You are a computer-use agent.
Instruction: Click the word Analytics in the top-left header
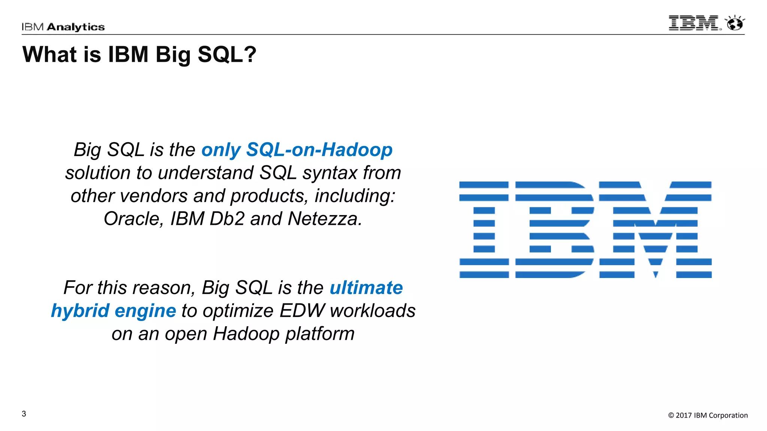(x=76, y=27)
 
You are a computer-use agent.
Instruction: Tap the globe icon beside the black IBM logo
(x=735, y=24)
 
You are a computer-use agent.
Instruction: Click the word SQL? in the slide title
(x=227, y=55)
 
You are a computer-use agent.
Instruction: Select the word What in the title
(x=49, y=55)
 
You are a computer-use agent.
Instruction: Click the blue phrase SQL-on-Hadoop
(x=319, y=150)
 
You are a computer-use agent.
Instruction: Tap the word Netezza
(x=325, y=219)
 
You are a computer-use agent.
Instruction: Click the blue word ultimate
(x=366, y=288)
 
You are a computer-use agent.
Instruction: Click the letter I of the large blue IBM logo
(x=484, y=230)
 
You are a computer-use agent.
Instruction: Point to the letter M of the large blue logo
(x=655, y=230)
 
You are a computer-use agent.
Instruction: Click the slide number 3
(x=24, y=414)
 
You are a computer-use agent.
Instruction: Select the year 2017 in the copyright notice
(x=683, y=415)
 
